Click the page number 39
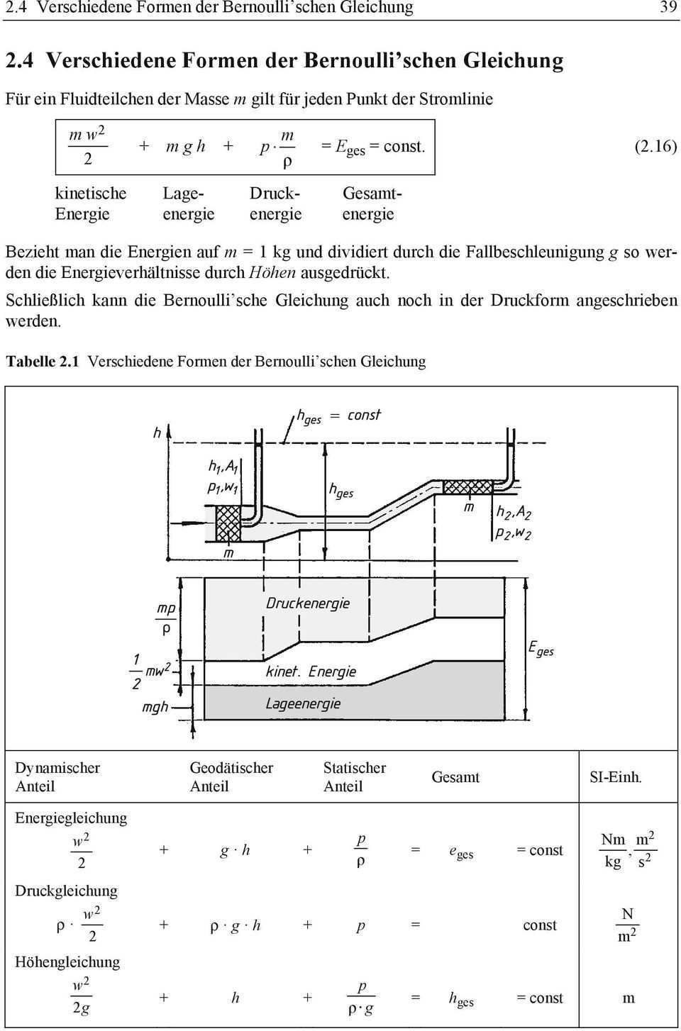coord(668,8)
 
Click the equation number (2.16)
coord(655,147)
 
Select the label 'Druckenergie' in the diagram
coord(308,603)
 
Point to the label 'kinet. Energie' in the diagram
coord(311,671)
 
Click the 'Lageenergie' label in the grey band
coord(303,703)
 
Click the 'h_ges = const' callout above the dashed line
coord(338,416)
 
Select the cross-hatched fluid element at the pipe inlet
coord(228,524)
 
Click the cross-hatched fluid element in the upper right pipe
coord(467,487)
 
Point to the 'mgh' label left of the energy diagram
coord(155,707)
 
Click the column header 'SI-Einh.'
coord(615,777)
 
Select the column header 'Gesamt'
coord(455,777)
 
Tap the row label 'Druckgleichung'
coord(66,891)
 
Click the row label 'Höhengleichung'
coord(67,962)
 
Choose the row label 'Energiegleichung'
coord(71,818)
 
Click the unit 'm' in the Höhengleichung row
coord(629,998)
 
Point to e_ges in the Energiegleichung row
coord(461,851)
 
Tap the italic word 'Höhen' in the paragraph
coord(273,272)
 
